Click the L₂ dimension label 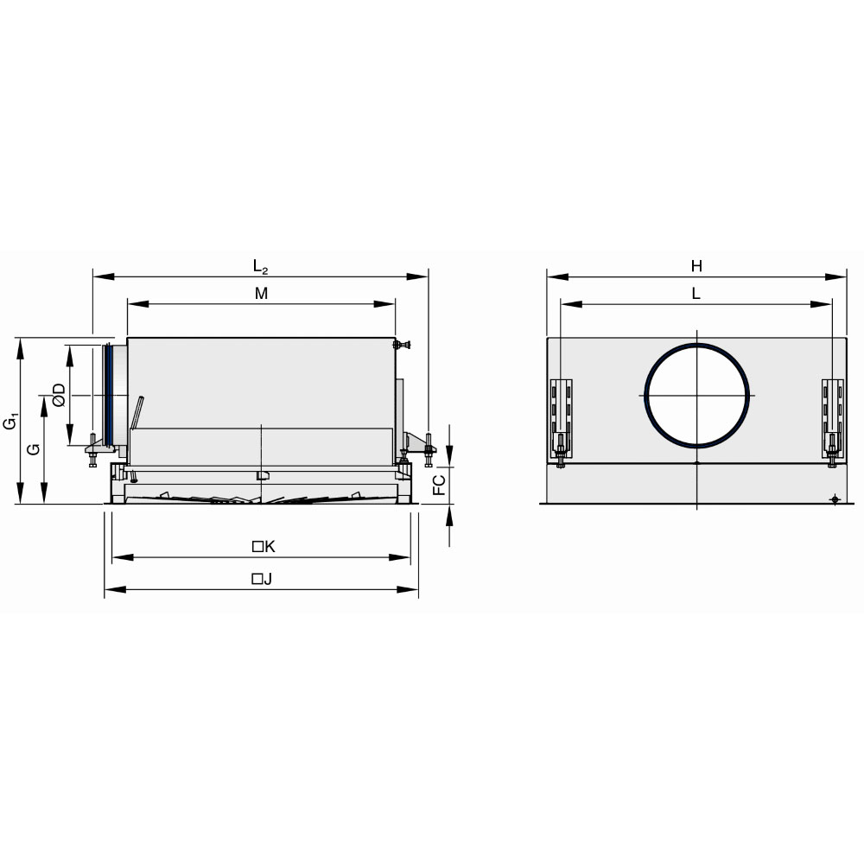tap(261, 267)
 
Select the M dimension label tap(261, 294)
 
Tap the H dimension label tap(696, 267)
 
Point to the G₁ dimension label tap(10, 421)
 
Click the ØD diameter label tap(59, 395)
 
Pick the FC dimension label tap(439, 485)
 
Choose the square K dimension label tap(264, 547)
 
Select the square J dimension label tap(263, 579)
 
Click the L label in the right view tap(696, 294)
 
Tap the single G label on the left tap(35, 449)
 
